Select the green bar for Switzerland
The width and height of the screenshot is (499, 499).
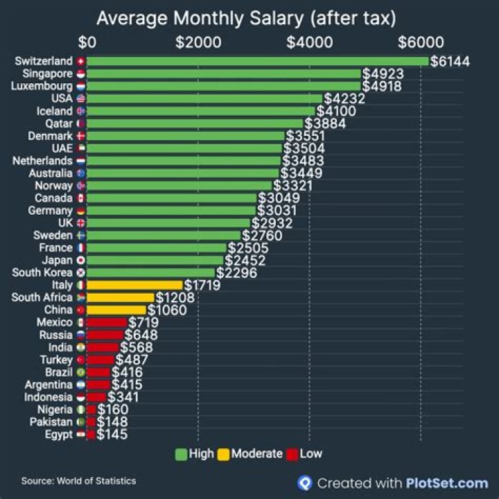pos(256,62)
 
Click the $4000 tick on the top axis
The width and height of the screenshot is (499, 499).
pos(309,42)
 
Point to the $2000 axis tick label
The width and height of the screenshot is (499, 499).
pos(198,42)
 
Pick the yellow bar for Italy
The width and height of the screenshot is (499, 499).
pos(134,286)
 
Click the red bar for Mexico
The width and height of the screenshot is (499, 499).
pos(107,323)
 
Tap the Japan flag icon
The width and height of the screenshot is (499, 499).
pos(81,261)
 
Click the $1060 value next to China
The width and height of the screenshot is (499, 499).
pos(166,310)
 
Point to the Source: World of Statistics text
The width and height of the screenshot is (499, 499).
pos(78,480)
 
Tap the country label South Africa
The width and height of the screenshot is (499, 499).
pos(43,298)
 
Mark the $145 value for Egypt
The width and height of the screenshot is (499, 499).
pos(112,435)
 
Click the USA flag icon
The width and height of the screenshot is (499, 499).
pos(81,99)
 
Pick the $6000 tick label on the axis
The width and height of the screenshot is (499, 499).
pos(420,42)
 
